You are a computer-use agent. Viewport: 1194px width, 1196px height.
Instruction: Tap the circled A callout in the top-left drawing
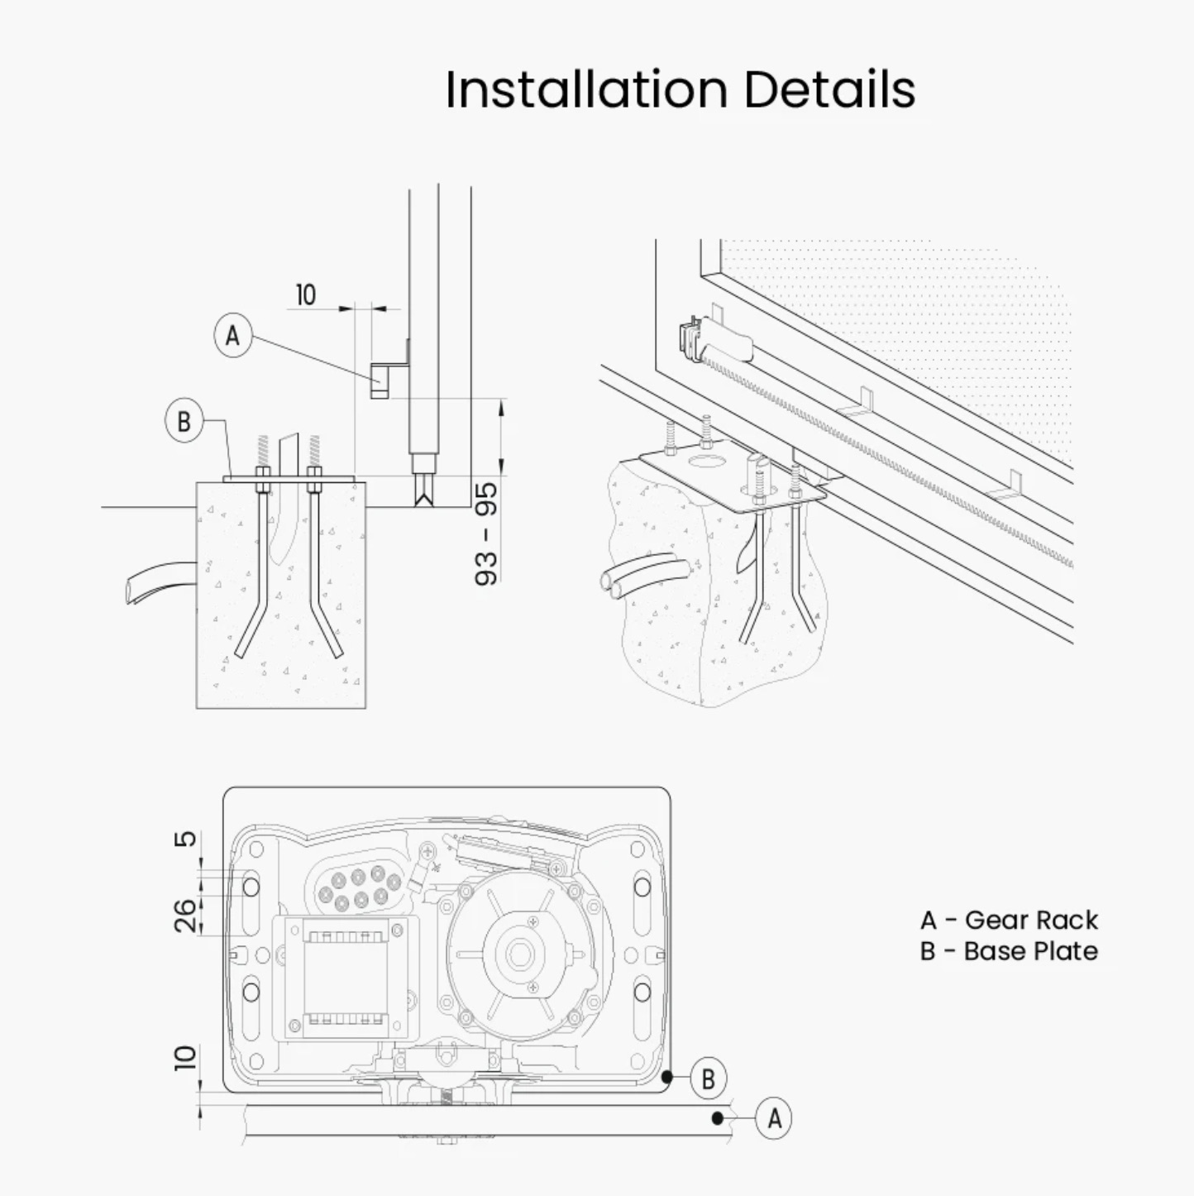[x=232, y=335]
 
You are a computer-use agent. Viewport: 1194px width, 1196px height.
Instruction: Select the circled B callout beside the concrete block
[x=184, y=422]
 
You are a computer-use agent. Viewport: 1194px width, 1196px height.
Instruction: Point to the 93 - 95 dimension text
[x=486, y=533]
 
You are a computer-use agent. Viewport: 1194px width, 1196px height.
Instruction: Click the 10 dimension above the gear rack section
[x=306, y=294]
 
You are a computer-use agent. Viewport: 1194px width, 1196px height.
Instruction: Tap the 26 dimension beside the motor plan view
[x=185, y=916]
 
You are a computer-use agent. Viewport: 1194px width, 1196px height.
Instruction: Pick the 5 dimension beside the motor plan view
[x=185, y=840]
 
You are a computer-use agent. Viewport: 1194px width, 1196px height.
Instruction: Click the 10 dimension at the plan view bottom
[x=185, y=1058]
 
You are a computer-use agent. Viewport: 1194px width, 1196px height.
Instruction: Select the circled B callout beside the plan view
[x=708, y=1079]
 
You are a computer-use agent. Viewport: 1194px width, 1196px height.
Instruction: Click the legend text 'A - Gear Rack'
[x=1009, y=920]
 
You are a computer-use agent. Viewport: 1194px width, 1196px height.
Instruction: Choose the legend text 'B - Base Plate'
[x=1009, y=951]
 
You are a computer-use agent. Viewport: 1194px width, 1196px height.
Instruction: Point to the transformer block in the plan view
[x=341, y=978]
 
